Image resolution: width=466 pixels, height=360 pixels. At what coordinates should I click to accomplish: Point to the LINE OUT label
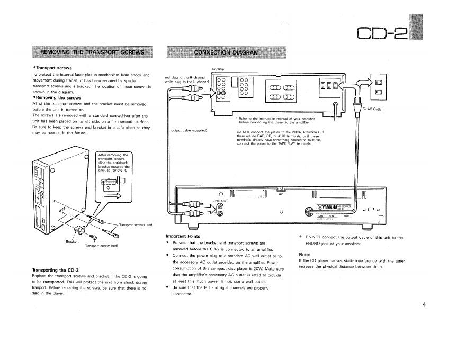[x=220, y=200]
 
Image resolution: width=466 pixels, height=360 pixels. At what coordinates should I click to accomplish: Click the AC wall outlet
[x=379, y=86]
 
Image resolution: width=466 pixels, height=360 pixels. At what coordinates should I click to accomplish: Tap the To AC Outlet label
[x=372, y=109]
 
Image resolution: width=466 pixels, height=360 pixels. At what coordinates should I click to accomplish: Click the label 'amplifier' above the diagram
[x=218, y=69]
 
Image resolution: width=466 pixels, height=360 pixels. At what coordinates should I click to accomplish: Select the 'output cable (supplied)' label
[x=189, y=130]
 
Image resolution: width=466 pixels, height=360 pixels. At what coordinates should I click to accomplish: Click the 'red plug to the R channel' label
[x=185, y=77]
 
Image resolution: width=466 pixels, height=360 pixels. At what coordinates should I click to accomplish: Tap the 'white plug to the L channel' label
[x=187, y=82]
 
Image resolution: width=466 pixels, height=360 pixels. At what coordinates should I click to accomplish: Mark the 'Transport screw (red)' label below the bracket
[x=101, y=246]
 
